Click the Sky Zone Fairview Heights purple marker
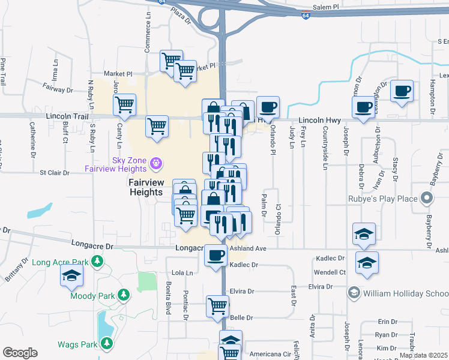pyautogui.click(x=156, y=162)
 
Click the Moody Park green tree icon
pyautogui.click(x=124, y=295)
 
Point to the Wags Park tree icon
pyautogui.click(x=107, y=344)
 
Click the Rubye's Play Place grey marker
pyautogui.click(x=426, y=197)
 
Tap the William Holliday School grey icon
pyautogui.click(x=354, y=293)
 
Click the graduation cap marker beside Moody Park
pyautogui.click(x=71, y=275)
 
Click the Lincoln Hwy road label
pyautogui.click(x=315, y=121)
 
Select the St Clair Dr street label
pyautogui.click(x=56, y=173)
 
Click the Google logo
pyautogui.click(x=20, y=353)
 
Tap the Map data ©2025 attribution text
pyautogui.click(x=423, y=355)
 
